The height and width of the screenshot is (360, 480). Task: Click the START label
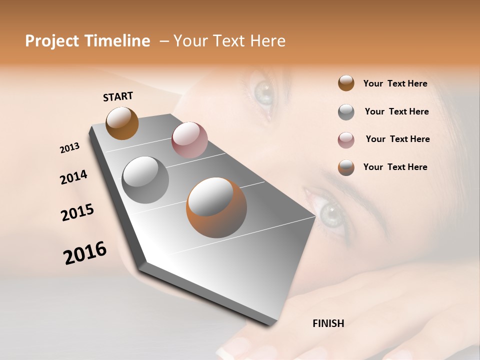pyautogui.click(x=118, y=96)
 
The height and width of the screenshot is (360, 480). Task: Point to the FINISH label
pyautogui.click(x=328, y=323)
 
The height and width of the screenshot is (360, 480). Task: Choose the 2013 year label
pyautogui.click(x=70, y=148)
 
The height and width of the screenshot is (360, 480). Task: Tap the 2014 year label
pyautogui.click(x=73, y=177)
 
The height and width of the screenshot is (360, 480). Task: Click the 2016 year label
pyautogui.click(x=85, y=253)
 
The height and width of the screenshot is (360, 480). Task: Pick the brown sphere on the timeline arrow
pyautogui.click(x=122, y=123)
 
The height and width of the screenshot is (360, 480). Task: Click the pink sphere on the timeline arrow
pyautogui.click(x=189, y=140)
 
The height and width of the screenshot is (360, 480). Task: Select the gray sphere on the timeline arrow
pyautogui.click(x=145, y=179)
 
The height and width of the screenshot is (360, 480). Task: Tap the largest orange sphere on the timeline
pyautogui.click(x=216, y=207)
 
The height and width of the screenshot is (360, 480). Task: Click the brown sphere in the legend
pyautogui.click(x=346, y=83)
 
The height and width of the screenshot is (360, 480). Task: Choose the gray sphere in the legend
pyautogui.click(x=346, y=111)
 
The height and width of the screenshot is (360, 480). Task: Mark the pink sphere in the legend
pyautogui.click(x=346, y=140)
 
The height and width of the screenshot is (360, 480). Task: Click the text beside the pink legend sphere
pyautogui.click(x=397, y=139)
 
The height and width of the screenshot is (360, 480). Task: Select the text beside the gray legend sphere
pyautogui.click(x=396, y=111)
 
